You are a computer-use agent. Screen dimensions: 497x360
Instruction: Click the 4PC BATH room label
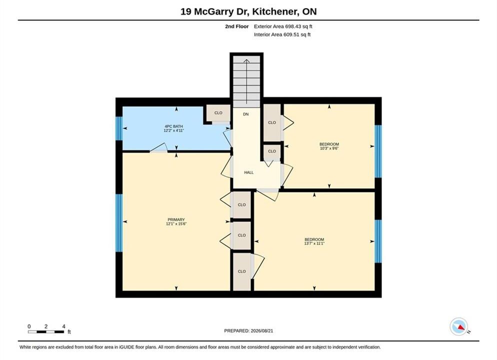173,126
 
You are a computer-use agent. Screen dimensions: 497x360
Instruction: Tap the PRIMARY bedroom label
176,219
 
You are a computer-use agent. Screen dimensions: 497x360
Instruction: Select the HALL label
249,172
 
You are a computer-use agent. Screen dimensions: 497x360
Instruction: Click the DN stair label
246,114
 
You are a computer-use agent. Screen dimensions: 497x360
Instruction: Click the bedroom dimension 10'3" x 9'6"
329,148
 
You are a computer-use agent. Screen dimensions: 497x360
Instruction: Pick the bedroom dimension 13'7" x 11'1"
314,243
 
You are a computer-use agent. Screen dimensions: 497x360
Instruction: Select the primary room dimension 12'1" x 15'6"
176,223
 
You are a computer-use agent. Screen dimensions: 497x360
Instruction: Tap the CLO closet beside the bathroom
218,113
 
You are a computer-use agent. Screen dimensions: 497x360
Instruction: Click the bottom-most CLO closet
242,271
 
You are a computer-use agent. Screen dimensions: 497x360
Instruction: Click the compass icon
458,326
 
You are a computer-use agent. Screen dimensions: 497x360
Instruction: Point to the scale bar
46,332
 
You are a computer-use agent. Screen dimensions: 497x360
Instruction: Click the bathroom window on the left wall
119,128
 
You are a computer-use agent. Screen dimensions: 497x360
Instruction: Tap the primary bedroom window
119,223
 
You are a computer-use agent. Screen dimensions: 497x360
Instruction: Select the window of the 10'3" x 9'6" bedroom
378,151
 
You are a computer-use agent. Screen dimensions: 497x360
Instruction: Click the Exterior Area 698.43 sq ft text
283,26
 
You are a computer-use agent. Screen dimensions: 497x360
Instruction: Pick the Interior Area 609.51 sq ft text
282,34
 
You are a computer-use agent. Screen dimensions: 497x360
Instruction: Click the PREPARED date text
248,331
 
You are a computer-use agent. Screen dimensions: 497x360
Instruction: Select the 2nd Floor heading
237,26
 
